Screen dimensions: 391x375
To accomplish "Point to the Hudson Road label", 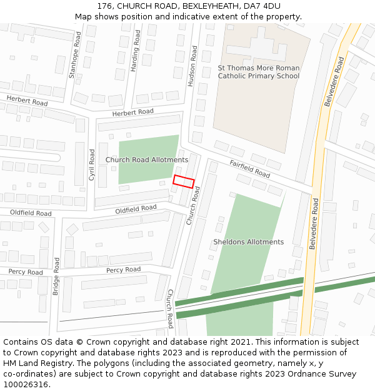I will pos(193,66).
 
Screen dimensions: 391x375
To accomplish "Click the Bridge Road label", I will pos(56,277).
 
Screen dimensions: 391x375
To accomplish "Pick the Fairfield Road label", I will pos(249,168).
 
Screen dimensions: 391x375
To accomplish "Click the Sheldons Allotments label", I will pos(248,242).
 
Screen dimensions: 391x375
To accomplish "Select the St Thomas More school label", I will pos(258,72).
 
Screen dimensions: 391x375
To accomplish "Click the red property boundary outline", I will pos(184,181).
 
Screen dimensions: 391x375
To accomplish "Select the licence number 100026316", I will pos(26,384).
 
